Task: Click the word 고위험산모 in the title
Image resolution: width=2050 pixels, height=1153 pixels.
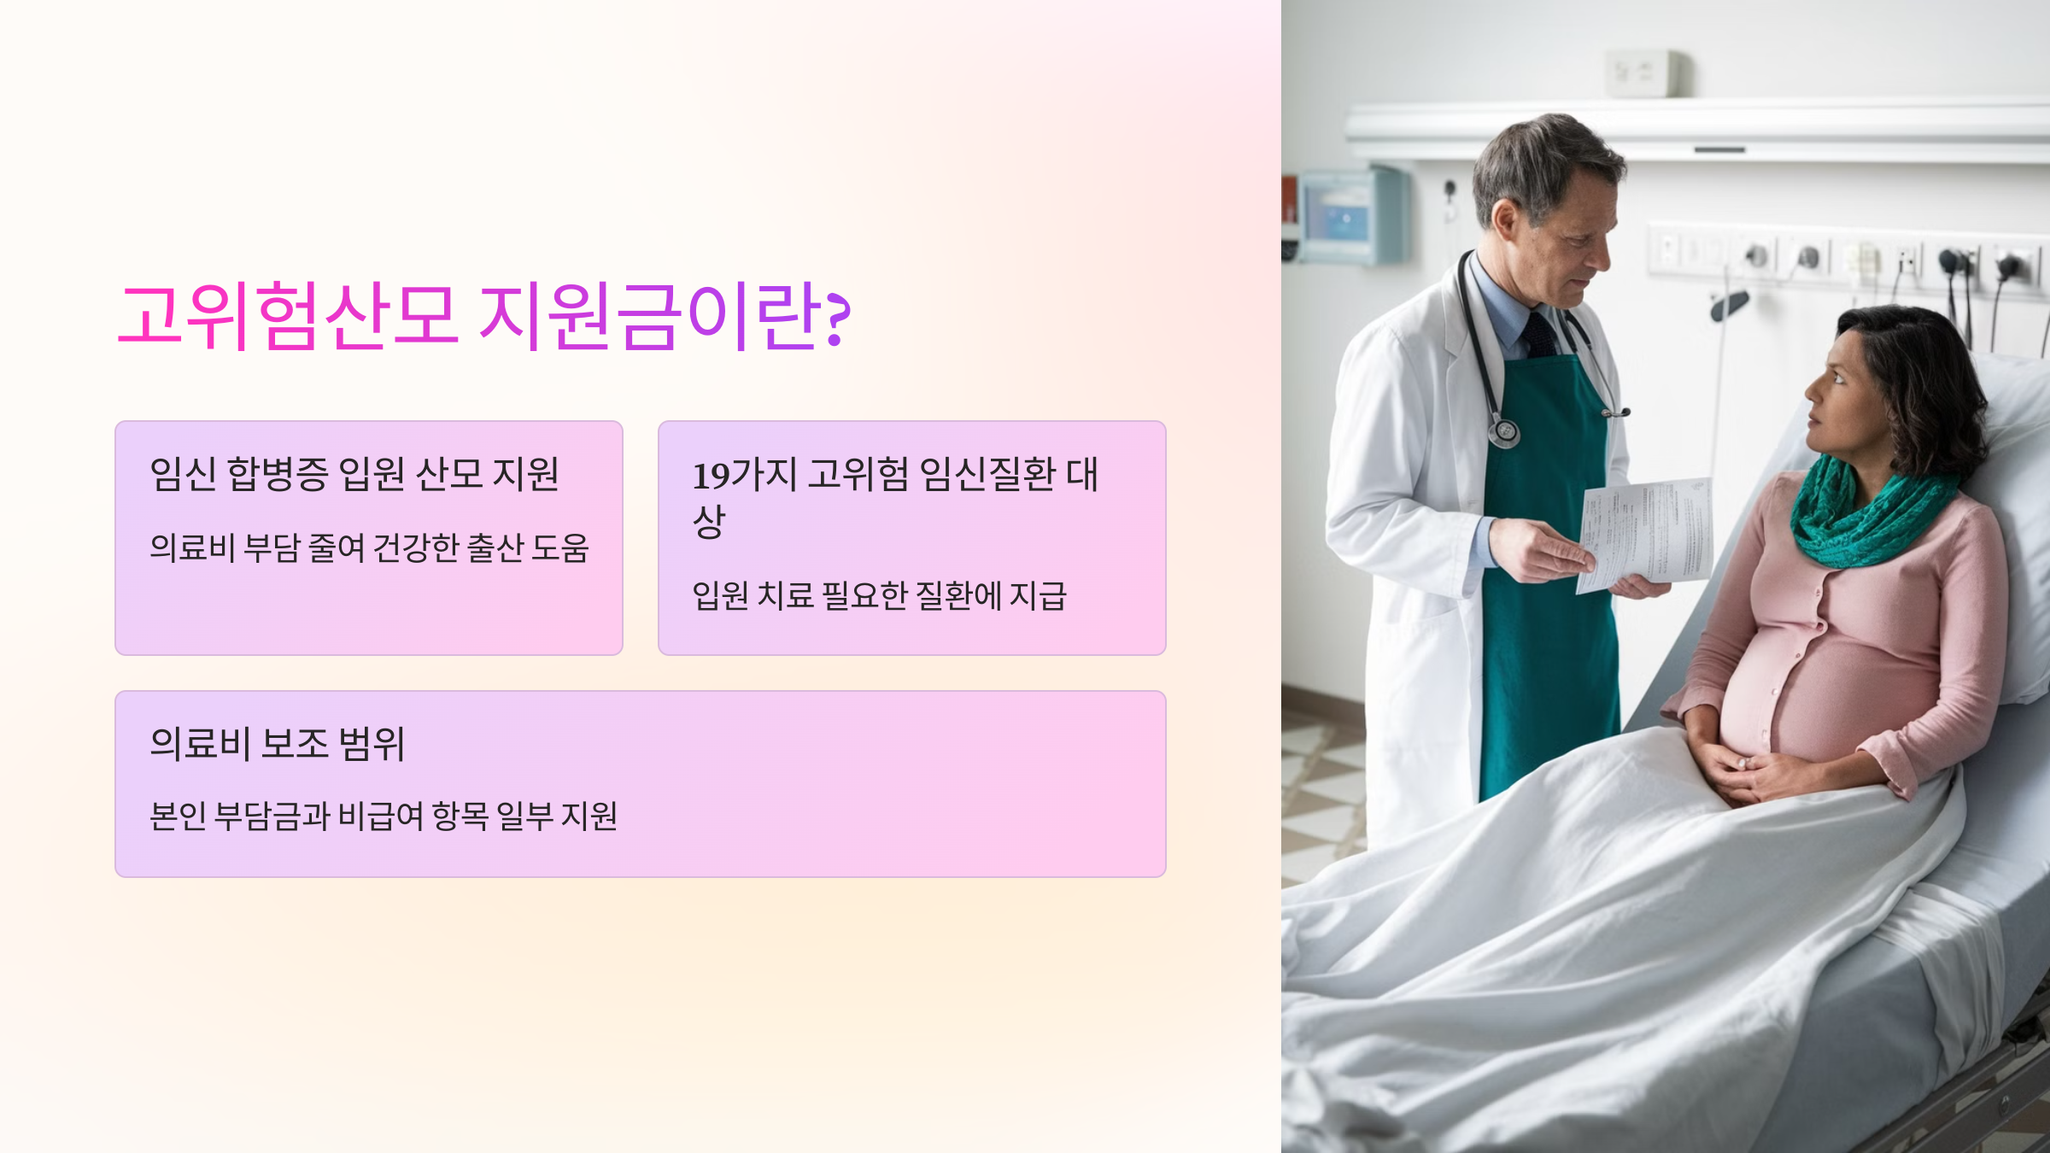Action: coord(287,316)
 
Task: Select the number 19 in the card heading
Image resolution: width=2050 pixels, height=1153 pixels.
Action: coord(711,476)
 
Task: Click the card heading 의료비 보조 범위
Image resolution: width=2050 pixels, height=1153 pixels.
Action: coord(277,743)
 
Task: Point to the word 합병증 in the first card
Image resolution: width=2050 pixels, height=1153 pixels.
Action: coord(277,474)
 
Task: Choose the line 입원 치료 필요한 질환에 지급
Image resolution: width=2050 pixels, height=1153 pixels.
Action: coord(879,595)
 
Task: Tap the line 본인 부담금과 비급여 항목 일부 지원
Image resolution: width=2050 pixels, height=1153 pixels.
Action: coord(383,816)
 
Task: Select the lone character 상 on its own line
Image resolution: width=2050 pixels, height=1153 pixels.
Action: coord(709,521)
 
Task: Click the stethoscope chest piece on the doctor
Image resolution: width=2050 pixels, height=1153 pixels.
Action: coord(1503,431)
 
